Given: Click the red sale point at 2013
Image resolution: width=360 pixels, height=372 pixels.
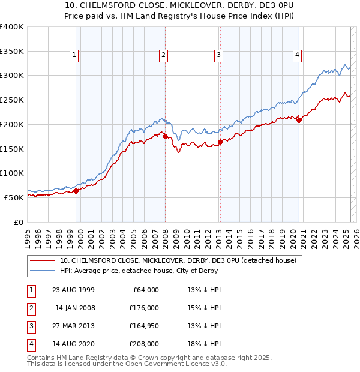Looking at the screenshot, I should (220, 142).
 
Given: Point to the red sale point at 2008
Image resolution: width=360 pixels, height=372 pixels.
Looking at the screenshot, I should (165, 136).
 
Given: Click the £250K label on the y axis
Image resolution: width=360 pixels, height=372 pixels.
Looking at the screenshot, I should (11, 100).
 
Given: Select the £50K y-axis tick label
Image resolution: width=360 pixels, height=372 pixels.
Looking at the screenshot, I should (13, 197).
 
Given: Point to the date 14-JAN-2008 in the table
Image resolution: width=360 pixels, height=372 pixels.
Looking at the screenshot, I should (74, 308).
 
